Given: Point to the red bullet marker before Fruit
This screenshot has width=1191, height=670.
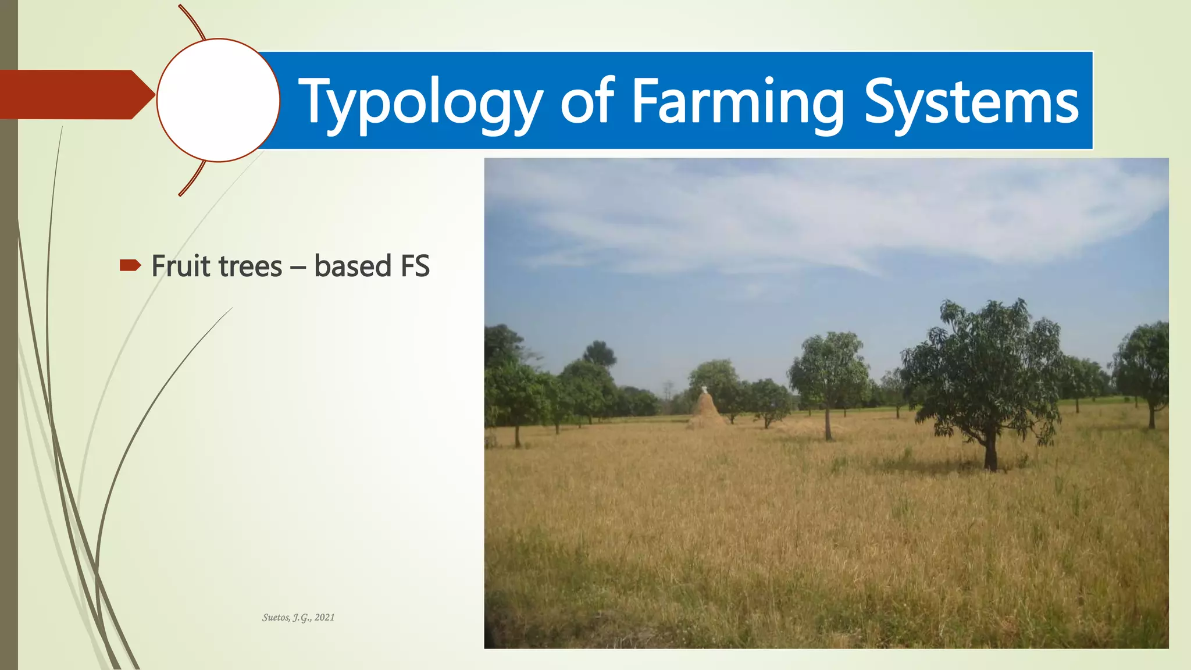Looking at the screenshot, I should (130, 266).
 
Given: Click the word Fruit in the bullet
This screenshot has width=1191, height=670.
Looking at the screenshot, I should (180, 266).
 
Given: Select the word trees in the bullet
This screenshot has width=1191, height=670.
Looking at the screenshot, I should (250, 267).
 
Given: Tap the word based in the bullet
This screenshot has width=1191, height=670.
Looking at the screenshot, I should (352, 266).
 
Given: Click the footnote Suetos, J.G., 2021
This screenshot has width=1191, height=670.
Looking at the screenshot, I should (298, 618).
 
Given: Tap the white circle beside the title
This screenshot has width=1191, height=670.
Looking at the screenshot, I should (218, 100).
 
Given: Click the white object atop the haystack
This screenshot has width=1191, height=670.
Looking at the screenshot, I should (704, 389).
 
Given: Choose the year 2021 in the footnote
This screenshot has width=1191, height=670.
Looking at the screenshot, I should (325, 618).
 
